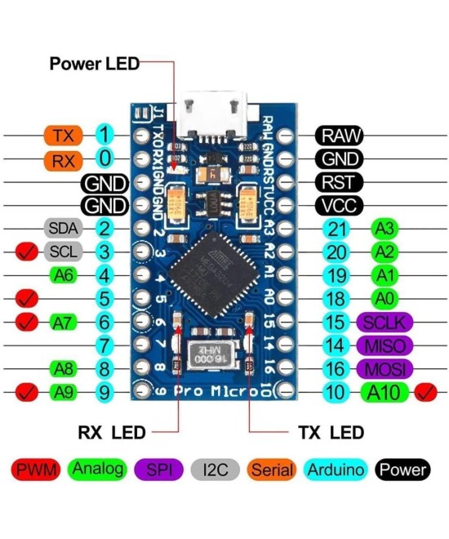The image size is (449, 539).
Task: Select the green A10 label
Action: (384, 392)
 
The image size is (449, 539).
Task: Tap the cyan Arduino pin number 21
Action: (336, 229)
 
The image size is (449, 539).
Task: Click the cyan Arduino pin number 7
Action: (104, 345)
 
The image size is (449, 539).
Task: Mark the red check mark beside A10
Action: (425, 392)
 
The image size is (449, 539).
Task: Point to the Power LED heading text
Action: (95, 63)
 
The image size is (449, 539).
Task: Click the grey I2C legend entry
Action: (215, 470)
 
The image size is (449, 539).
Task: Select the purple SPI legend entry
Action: (158, 470)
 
